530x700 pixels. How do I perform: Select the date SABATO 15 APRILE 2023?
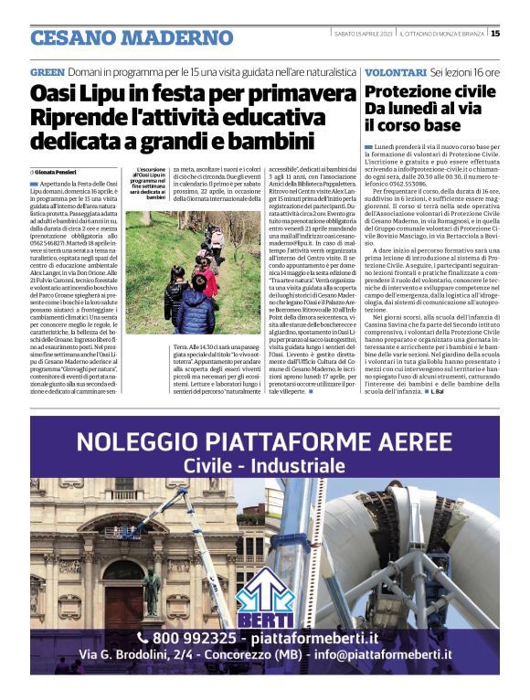click(365, 34)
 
